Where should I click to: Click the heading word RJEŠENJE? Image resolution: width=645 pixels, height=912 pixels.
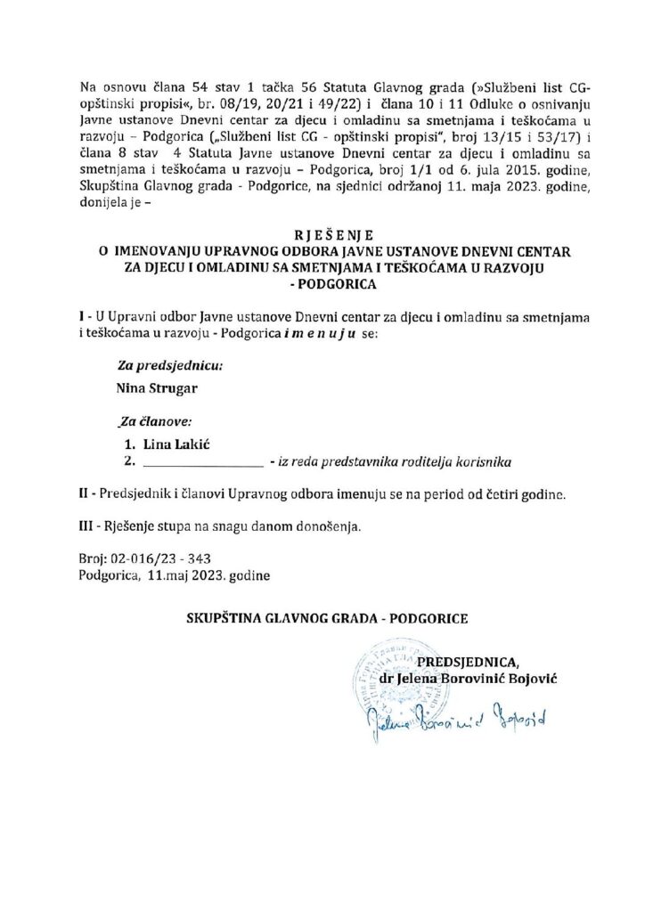click(322, 236)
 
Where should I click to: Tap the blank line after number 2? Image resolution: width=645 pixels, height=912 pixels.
click(201, 462)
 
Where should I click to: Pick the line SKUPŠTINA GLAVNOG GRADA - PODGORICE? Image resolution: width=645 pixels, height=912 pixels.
click(326, 616)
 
